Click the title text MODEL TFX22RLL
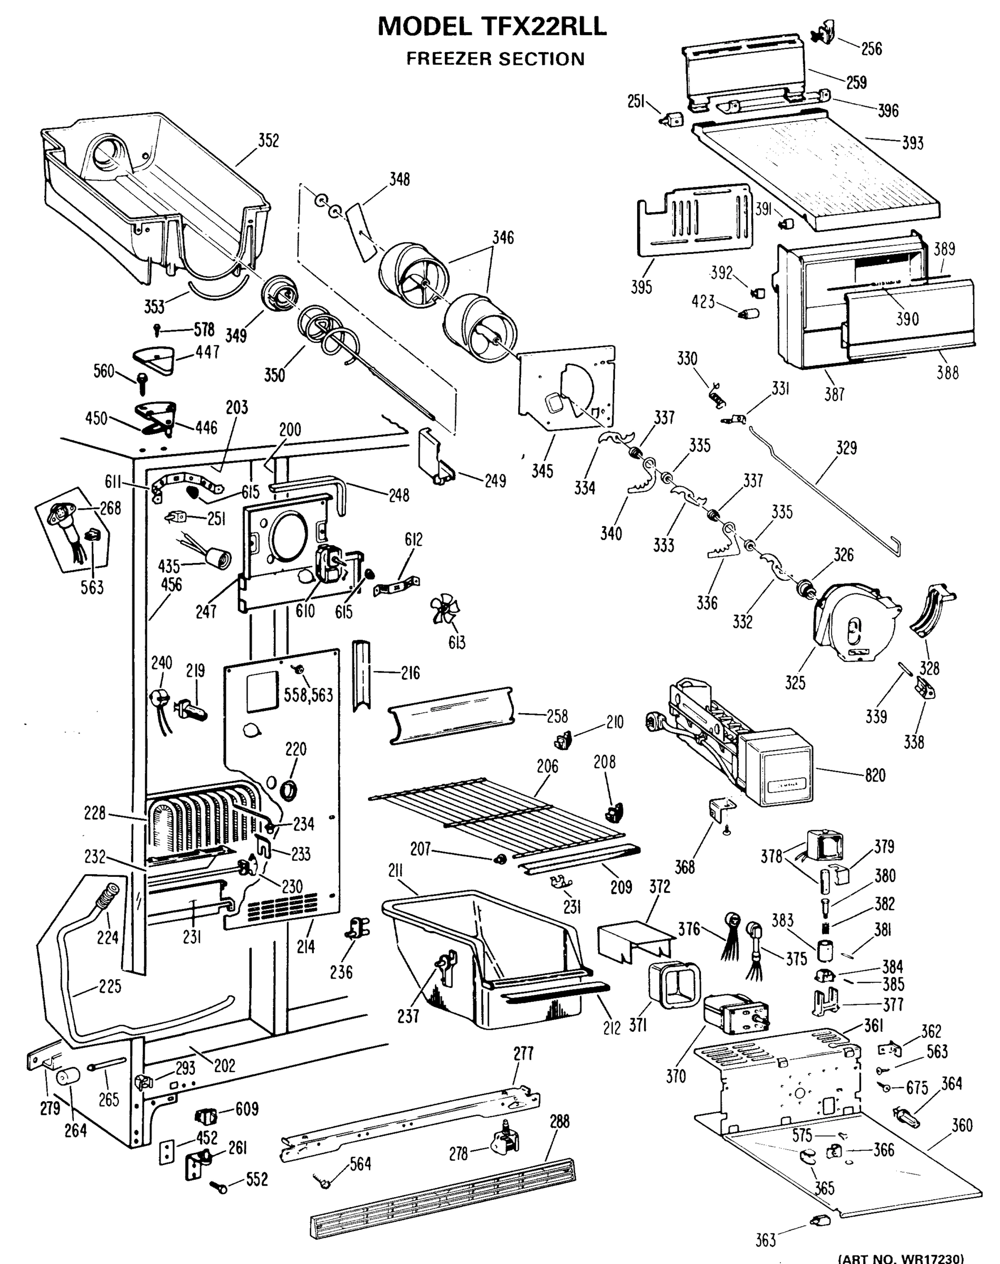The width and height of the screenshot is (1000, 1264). (492, 27)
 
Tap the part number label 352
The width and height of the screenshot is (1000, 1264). (269, 141)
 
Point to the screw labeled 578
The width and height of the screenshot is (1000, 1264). (157, 330)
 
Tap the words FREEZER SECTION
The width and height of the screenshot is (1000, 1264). (496, 59)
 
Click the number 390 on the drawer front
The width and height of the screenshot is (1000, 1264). (907, 319)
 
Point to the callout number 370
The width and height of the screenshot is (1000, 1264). (676, 1076)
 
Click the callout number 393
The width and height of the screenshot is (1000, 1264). (912, 143)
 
